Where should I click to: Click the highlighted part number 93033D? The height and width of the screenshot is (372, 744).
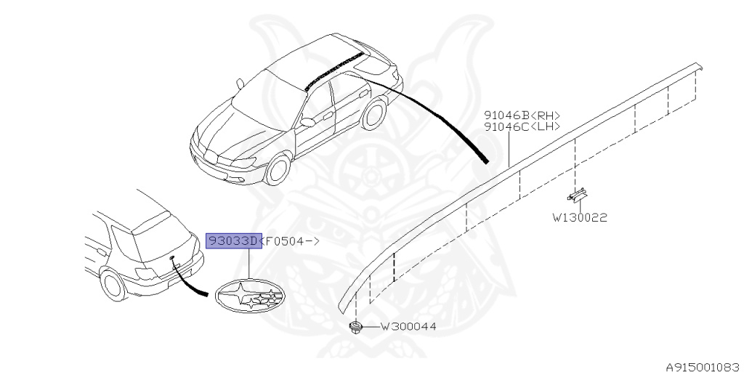(x=233, y=241)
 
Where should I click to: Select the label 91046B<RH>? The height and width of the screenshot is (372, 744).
(x=522, y=116)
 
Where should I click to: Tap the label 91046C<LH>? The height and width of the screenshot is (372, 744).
(x=522, y=127)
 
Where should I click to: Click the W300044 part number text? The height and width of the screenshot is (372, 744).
(x=408, y=327)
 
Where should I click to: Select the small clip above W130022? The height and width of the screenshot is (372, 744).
(x=578, y=195)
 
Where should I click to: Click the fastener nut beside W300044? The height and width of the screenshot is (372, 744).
(x=355, y=328)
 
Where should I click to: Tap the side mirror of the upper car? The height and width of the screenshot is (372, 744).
(x=307, y=122)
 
